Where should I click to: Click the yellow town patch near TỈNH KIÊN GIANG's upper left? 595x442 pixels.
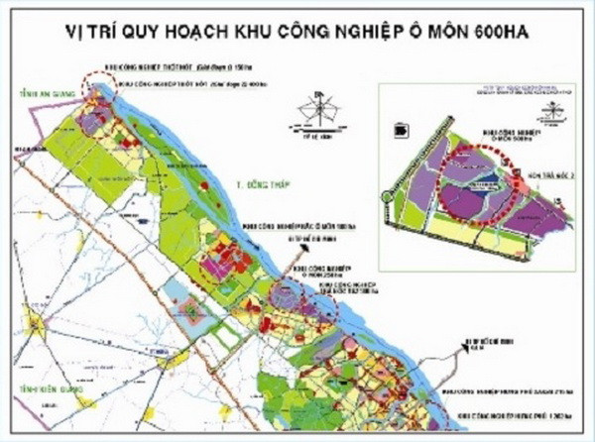[x=37, y=324]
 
